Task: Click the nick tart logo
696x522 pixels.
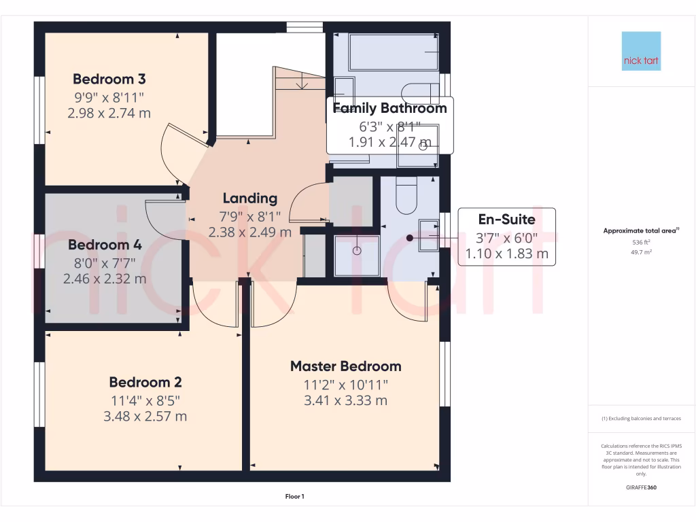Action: point(641,51)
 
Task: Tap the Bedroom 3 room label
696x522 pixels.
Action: point(109,79)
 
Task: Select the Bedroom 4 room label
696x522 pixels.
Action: point(104,245)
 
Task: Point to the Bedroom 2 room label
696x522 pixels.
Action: point(145,382)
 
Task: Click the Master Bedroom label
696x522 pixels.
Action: point(345,366)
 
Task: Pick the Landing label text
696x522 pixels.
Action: point(250,198)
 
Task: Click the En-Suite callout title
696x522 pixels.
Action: point(506,220)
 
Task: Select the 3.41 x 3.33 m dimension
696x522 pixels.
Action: point(345,400)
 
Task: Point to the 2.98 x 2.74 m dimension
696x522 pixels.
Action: point(109,114)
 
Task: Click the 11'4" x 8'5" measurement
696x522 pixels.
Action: point(145,400)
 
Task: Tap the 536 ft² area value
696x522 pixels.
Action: point(641,242)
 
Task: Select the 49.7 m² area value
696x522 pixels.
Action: point(641,251)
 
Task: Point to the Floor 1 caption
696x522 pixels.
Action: point(294,497)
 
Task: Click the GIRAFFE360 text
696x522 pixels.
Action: point(641,487)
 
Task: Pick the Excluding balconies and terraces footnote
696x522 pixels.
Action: point(641,419)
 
